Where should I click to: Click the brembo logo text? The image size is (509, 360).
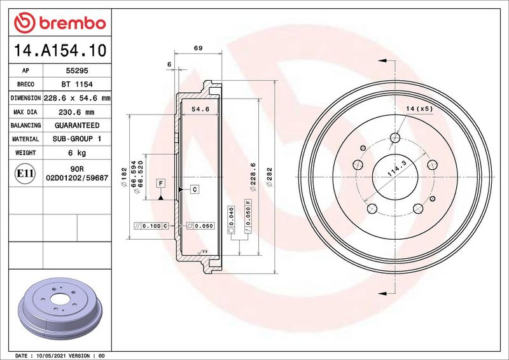coord(73,24)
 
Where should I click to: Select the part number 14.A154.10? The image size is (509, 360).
coord(60,50)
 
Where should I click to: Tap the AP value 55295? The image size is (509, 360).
coord(77,71)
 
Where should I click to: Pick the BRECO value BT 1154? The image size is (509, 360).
coord(77,84)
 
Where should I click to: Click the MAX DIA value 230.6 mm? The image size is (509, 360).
coord(76,112)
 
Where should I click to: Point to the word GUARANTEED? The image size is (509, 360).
coord(77,125)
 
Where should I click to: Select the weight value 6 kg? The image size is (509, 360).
coord(77,153)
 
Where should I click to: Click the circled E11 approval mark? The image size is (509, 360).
coord(25,174)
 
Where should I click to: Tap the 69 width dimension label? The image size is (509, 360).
coord(198,48)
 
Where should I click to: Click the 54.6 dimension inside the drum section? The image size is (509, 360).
coord(200,109)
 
